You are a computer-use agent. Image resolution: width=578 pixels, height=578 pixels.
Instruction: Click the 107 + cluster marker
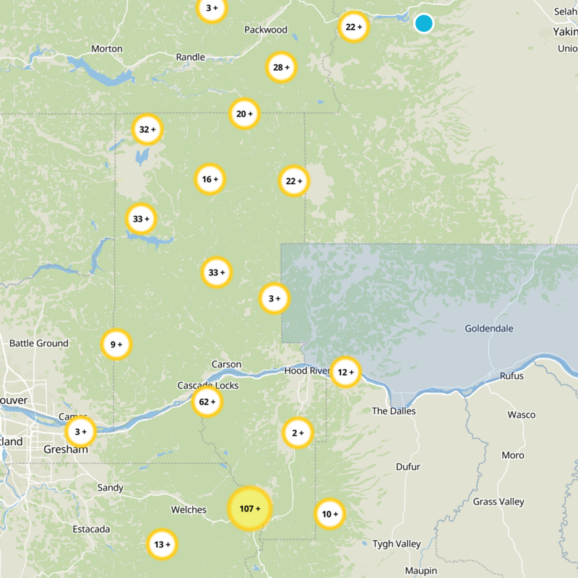click(x=249, y=509)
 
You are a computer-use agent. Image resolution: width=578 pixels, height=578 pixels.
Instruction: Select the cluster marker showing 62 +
click(x=207, y=402)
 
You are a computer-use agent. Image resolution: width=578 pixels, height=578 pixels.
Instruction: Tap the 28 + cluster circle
click(x=281, y=67)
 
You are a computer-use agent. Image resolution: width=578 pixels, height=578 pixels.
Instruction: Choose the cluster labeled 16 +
click(x=210, y=179)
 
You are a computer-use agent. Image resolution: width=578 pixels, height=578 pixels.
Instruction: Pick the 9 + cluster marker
click(x=116, y=345)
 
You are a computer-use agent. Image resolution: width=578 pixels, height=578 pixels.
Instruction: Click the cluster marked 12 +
click(x=345, y=372)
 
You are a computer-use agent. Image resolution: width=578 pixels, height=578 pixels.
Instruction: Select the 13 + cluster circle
click(x=161, y=544)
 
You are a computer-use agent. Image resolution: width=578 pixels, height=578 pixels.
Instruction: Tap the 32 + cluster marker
click(x=147, y=130)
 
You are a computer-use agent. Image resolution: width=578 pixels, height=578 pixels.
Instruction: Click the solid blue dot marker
click(x=424, y=23)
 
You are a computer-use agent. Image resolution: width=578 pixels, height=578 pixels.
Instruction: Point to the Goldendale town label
click(x=489, y=329)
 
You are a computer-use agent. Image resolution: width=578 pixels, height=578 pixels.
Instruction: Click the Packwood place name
click(x=266, y=30)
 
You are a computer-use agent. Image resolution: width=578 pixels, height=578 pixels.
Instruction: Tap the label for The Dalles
click(x=390, y=411)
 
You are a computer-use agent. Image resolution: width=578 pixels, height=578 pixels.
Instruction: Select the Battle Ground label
click(x=39, y=343)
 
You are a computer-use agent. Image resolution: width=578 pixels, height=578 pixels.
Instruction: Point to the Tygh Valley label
click(x=397, y=544)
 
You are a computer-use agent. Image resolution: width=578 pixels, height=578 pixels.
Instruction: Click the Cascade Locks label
click(x=208, y=385)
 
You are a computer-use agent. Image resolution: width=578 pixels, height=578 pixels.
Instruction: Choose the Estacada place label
click(x=92, y=530)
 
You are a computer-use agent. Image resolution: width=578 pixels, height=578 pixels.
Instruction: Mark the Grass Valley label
click(x=499, y=501)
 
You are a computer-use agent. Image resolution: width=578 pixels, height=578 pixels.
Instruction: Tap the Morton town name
click(x=107, y=48)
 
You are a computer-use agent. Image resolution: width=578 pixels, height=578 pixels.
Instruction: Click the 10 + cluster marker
click(x=329, y=514)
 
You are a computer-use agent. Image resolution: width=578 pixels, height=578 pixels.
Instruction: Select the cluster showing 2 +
click(x=297, y=433)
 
